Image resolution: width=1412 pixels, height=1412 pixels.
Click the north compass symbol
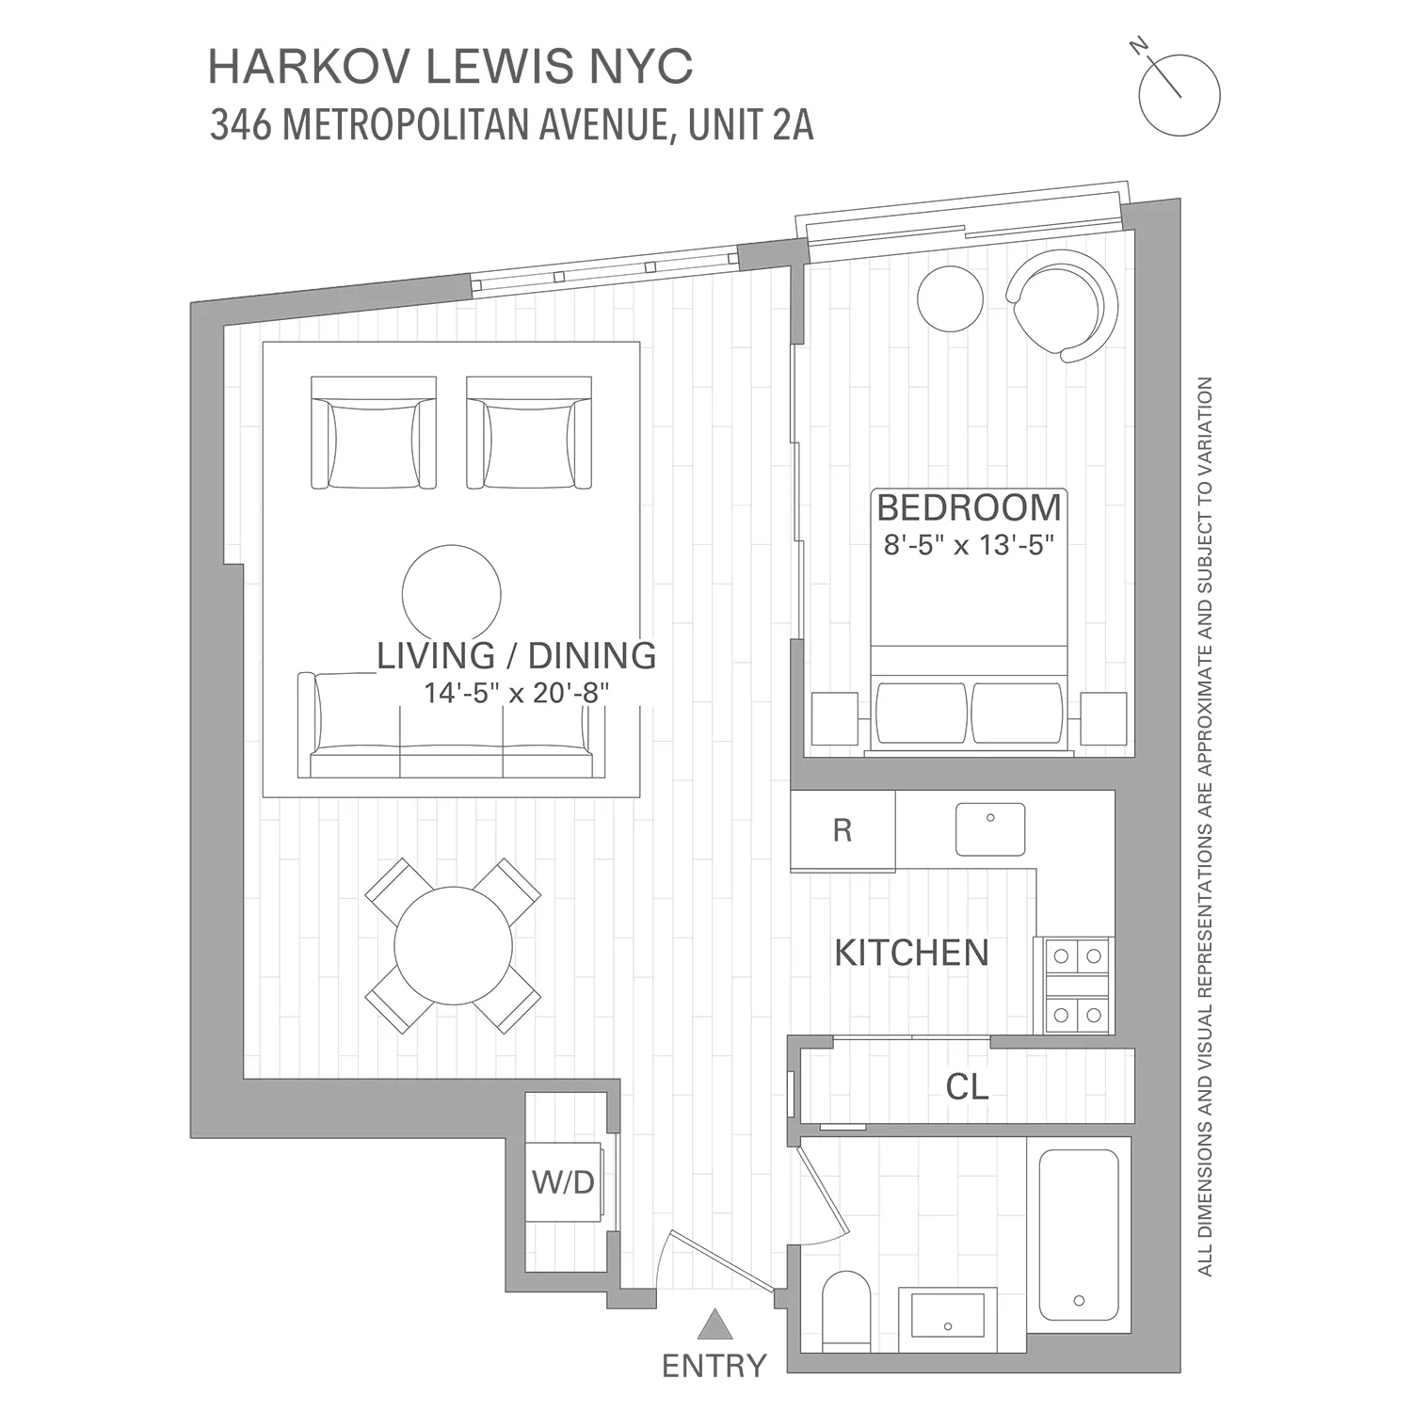click(1178, 93)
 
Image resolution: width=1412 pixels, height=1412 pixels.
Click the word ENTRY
click(714, 1365)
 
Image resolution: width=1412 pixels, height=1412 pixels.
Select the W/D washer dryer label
click(563, 1181)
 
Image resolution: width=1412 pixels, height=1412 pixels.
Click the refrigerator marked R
click(842, 830)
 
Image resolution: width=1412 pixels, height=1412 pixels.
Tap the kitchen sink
click(990, 828)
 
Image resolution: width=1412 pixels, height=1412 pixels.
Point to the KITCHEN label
click(911, 953)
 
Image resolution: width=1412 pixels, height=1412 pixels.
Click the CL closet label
click(967, 1087)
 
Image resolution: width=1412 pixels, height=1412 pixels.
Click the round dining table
click(453, 946)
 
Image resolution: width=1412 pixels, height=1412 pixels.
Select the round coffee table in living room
click(452, 594)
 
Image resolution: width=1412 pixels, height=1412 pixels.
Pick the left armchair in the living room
click(374, 434)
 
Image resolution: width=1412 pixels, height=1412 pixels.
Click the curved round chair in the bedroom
click(1064, 303)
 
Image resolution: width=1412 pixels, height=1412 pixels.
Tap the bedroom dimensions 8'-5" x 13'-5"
click(968, 545)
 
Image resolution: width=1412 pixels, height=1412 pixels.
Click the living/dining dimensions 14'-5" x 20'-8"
click(516, 693)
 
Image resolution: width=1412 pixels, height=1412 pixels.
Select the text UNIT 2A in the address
click(750, 125)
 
